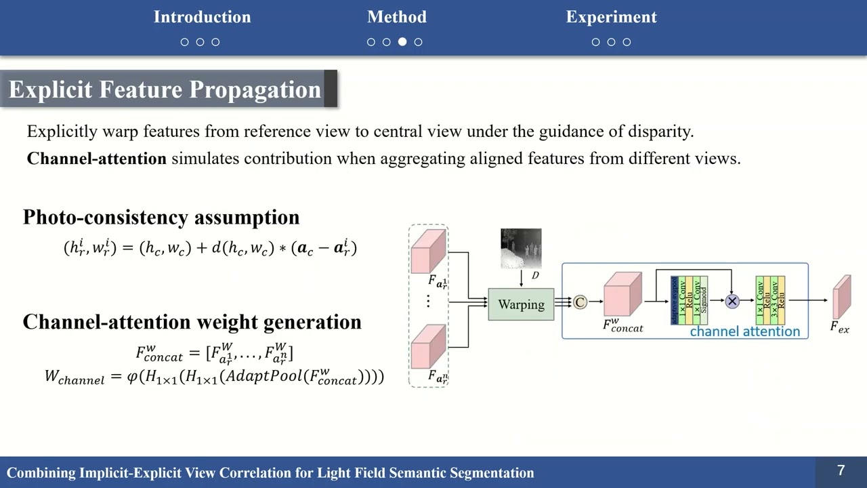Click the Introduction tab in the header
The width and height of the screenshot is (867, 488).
pos(202,17)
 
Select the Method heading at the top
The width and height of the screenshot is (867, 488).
pos(396,17)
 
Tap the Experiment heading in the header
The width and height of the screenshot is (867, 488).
pos(611,17)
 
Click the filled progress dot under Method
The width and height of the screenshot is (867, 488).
pos(402,42)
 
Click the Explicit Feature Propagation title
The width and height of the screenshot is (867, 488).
pos(165,89)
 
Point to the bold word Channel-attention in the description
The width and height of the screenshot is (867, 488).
pos(96,159)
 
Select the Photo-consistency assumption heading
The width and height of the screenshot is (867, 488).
pos(161,217)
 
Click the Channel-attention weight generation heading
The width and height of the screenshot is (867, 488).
pos(192,322)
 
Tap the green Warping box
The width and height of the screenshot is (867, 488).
pos(521,304)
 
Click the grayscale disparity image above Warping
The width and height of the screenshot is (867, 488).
pos(521,248)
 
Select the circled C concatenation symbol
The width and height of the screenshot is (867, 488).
pos(580,302)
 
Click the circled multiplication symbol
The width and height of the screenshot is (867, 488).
pos(732,301)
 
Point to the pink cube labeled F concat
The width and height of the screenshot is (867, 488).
pos(622,295)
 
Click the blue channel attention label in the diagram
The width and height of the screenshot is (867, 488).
pos(744,331)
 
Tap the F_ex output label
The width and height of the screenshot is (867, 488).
pos(839,327)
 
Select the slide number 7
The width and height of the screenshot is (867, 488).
pos(841,470)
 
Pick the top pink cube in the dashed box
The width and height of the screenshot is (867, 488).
pos(428,251)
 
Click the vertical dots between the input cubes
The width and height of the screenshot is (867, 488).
pos(428,302)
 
